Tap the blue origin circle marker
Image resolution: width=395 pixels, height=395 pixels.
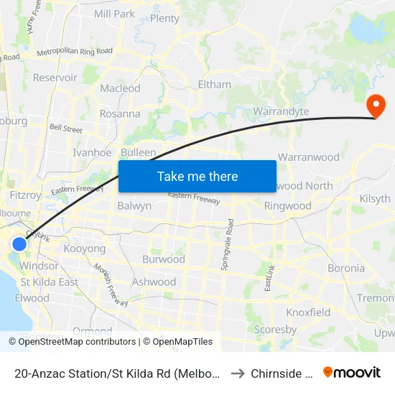pos(19,244)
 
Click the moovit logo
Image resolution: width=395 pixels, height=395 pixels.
pos(352,372)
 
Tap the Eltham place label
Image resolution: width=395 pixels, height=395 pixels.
pos(214,84)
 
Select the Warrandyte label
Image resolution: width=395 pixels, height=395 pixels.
pos(281,111)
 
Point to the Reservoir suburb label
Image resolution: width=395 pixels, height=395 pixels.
pos(55,78)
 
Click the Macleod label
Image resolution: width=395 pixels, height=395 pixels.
pos(120,88)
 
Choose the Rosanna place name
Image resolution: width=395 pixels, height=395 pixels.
pos(120,113)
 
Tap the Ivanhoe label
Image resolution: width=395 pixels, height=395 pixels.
pos(92,152)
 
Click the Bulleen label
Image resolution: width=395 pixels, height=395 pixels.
pos(138,152)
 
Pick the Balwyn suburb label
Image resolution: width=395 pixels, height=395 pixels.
pos(134,206)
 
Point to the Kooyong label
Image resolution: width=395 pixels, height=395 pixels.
pos(85,248)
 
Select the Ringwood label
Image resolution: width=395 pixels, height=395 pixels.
pos(288,205)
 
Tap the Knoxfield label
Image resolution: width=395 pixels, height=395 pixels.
pos(308,312)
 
